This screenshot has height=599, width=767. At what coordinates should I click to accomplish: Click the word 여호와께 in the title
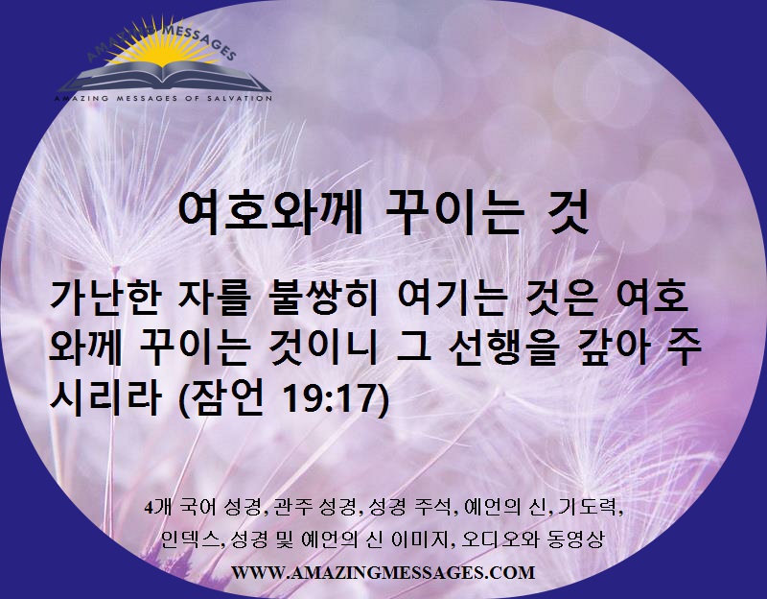[270, 215]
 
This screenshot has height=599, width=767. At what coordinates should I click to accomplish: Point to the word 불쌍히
[322, 299]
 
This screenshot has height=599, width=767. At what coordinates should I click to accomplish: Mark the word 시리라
[105, 397]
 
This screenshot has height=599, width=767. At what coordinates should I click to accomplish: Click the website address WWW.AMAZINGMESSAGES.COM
[383, 572]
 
